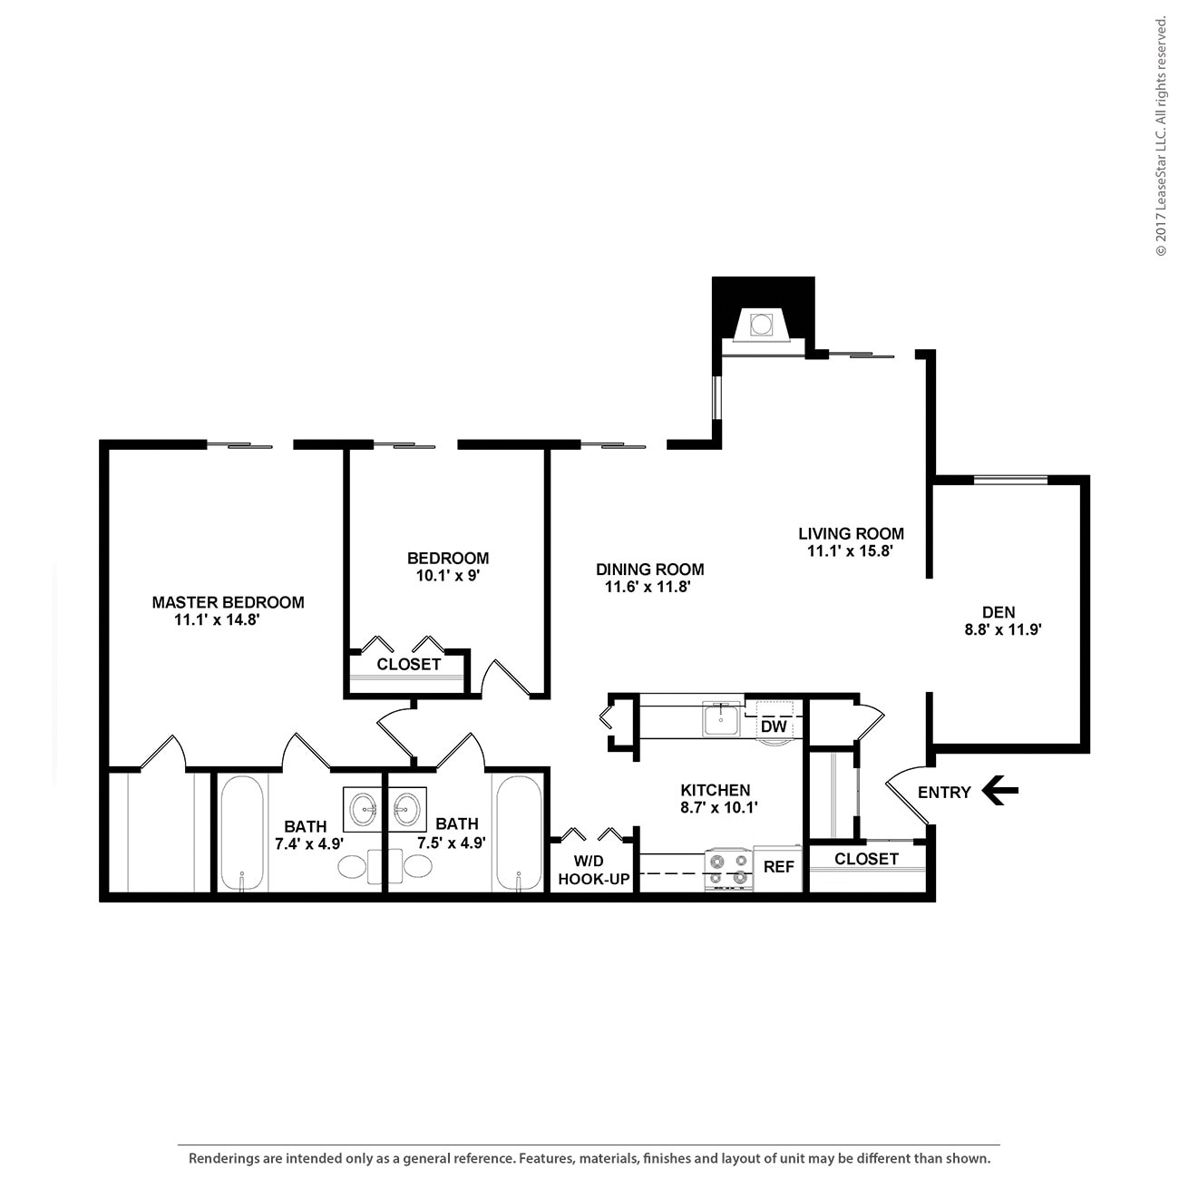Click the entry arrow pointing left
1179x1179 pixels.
pyautogui.click(x=1000, y=791)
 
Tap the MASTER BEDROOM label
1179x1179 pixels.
pyautogui.click(x=228, y=602)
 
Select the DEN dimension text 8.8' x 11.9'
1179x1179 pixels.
pyautogui.click(x=1002, y=629)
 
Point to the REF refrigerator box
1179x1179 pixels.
pyautogui.click(x=778, y=867)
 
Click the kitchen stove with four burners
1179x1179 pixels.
pyautogui.click(x=729, y=869)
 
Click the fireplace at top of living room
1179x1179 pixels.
pyautogui.click(x=760, y=322)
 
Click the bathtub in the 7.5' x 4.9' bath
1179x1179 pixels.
pyautogui.click(x=519, y=833)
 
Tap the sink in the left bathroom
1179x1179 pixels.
pyautogui.click(x=364, y=806)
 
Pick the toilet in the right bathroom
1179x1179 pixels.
pyautogui.click(x=417, y=867)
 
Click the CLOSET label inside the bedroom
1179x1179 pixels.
pyautogui.click(x=408, y=665)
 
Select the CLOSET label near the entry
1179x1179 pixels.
pyautogui.click(x=866, y=859)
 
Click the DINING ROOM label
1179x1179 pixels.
pyautogui.click(x=649, y=570)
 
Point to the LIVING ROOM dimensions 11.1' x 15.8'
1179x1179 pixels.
pyautogui.click(x=851, y=551)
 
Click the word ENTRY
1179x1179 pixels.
pyautogui.click(x=944, y=792)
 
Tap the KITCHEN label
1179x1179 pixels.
pyautogui.click(x=716, y=790)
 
